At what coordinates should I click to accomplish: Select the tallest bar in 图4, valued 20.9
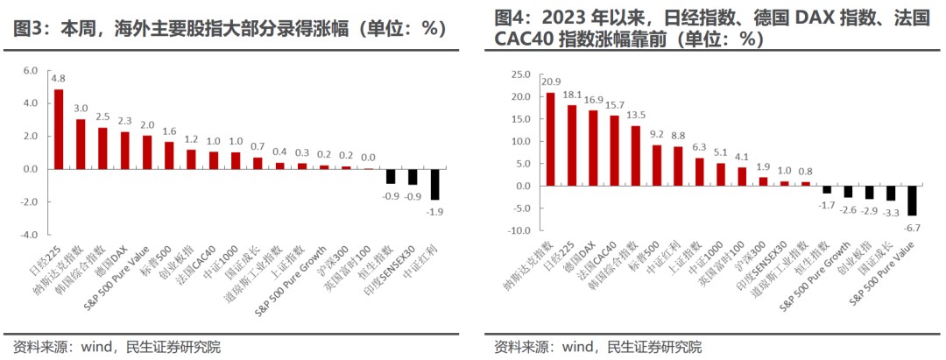[550, 139]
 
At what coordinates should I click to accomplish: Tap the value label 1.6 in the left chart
[169, 131]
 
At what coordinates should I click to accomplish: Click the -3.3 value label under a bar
[891, 211]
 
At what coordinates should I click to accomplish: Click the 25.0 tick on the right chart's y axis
[521, 74]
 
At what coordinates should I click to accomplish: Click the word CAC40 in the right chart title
[523, 39]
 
